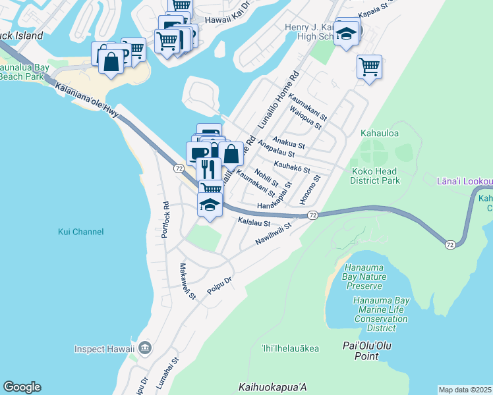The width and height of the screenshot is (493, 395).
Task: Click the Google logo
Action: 22,387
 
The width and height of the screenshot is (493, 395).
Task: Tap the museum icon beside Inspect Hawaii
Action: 145,348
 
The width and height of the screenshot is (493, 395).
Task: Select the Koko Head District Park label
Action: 374,175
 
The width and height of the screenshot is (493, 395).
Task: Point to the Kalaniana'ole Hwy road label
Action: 87,101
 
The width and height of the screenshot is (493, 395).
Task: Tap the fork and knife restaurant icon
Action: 208,168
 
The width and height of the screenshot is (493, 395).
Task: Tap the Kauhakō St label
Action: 291,169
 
